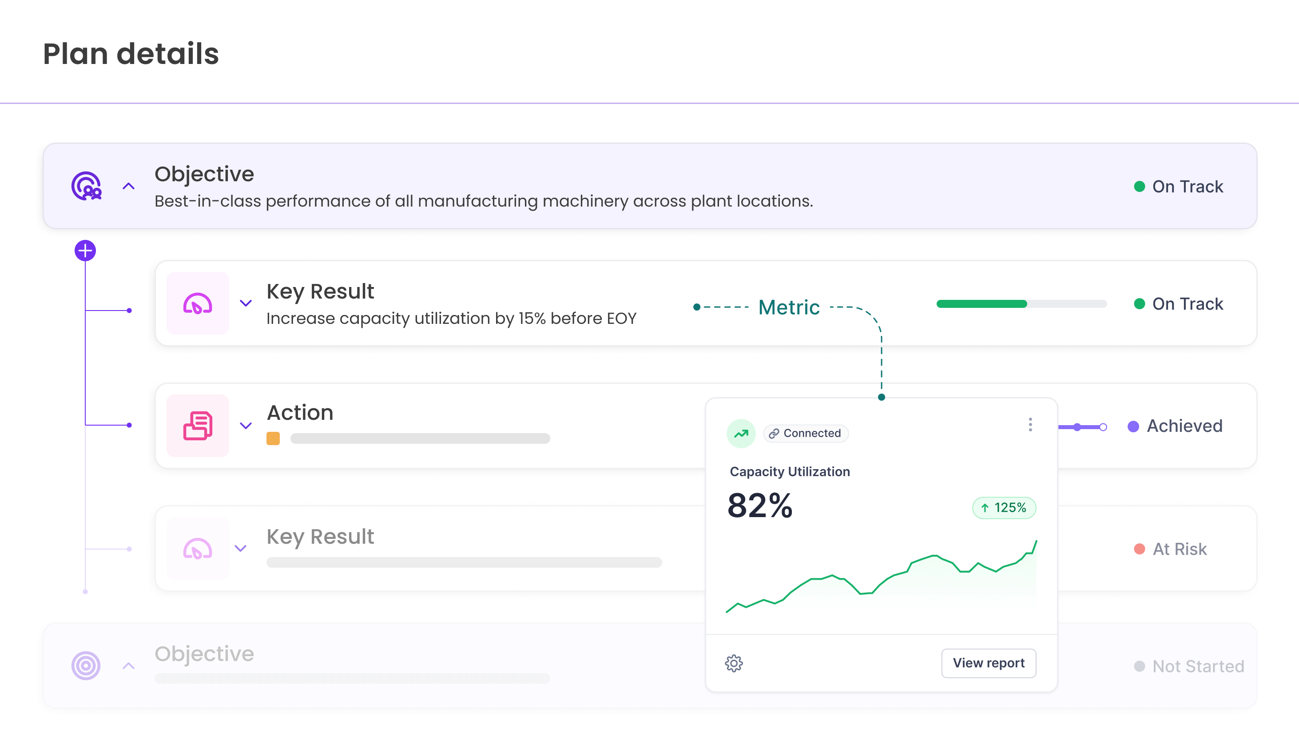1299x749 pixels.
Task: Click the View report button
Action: (x=988, y=663)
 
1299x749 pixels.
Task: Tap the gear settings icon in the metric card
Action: (x=734, y=664)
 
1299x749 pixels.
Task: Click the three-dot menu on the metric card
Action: (x=1030, y=425)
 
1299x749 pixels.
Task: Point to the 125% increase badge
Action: (x=1004, y=508)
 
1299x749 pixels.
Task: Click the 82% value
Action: (x=759, y=506)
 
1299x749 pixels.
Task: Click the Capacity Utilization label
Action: (x=789, y=472)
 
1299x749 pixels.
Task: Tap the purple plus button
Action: (x=85, y=251)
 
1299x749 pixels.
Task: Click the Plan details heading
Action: (x=131, y=54)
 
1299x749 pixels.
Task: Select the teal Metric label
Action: (x=789, y=307)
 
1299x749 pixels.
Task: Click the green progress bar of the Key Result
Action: (x=981, y=304)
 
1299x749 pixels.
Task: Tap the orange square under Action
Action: (x=273, y=438)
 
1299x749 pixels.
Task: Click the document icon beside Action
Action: (x=198, y=426)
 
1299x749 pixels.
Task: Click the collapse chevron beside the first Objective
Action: (x=128, y=186)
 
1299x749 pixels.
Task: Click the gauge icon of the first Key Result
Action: (x=198, y=303)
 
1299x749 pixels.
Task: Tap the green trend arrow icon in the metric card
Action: (x=740, y=434)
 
